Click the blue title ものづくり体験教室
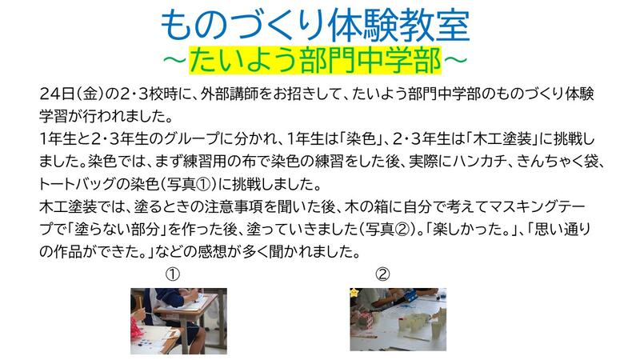point(315,26)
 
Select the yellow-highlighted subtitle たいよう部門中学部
point(315,60)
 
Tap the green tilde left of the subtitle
point(175,60)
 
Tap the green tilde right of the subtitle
point(454,60)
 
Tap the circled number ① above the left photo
point(172,274)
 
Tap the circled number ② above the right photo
point(382,274)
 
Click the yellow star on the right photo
point(354,292)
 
